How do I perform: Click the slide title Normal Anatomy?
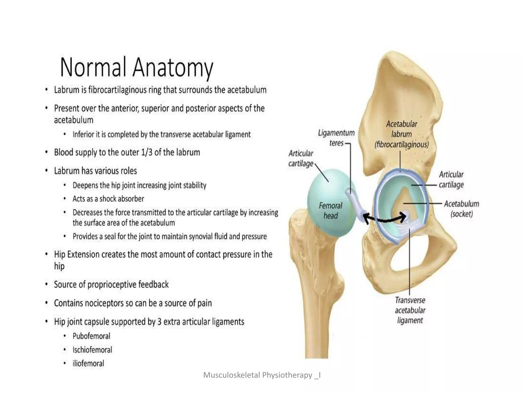coord(136,67)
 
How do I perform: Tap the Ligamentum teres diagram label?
coord(336,138)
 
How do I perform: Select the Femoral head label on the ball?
coord(330,210)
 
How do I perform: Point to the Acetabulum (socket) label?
coord(461,209)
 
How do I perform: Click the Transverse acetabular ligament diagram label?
coord(410,310)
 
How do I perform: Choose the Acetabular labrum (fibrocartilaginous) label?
coord(401,134)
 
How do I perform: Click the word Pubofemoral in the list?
coord(91,336)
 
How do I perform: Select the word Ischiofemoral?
coord(92,350)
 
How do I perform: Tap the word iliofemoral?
coord(88,363)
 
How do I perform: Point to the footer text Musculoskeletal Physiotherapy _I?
coord(262,375)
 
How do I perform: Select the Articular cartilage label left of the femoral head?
coord(301,158)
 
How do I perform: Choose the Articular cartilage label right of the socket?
coord(451,179)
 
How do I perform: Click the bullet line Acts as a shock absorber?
coord(108,199)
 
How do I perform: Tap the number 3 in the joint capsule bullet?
coord(159,322)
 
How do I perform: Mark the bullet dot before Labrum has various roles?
coord(46,171)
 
